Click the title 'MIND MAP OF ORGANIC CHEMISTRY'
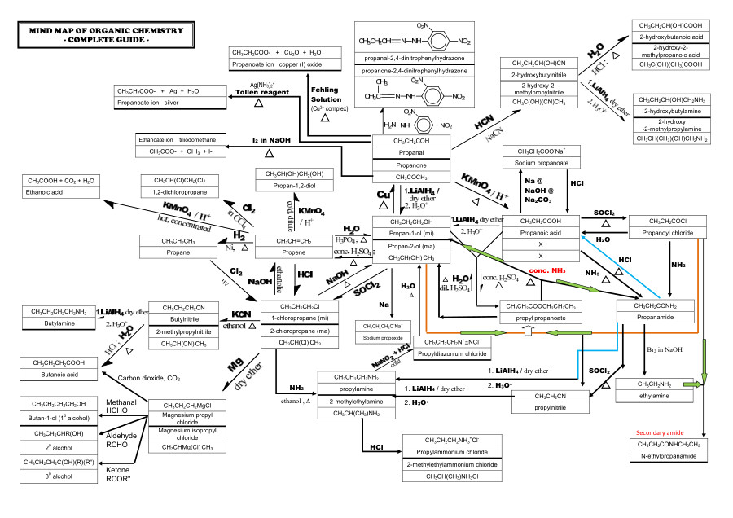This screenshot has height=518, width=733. (x=106, y=30)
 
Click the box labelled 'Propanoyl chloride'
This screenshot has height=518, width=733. (x=667, y=233)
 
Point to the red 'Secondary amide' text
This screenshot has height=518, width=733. (x=660, y=432)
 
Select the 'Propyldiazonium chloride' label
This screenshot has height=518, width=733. (x=452, y=354)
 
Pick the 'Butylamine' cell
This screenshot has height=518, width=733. (x=59, y=323)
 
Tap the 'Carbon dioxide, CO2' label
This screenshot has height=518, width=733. (x=149, y=378)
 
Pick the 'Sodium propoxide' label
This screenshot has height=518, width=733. (x=381, y=336)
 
